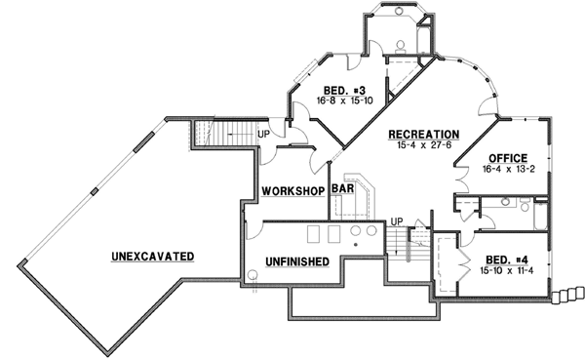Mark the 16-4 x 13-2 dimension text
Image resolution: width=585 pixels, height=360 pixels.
509,169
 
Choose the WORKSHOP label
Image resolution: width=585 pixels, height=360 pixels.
292,189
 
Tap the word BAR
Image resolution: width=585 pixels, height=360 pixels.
341,189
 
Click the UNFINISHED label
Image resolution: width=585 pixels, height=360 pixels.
295,261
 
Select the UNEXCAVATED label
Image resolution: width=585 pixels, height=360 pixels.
152,256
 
